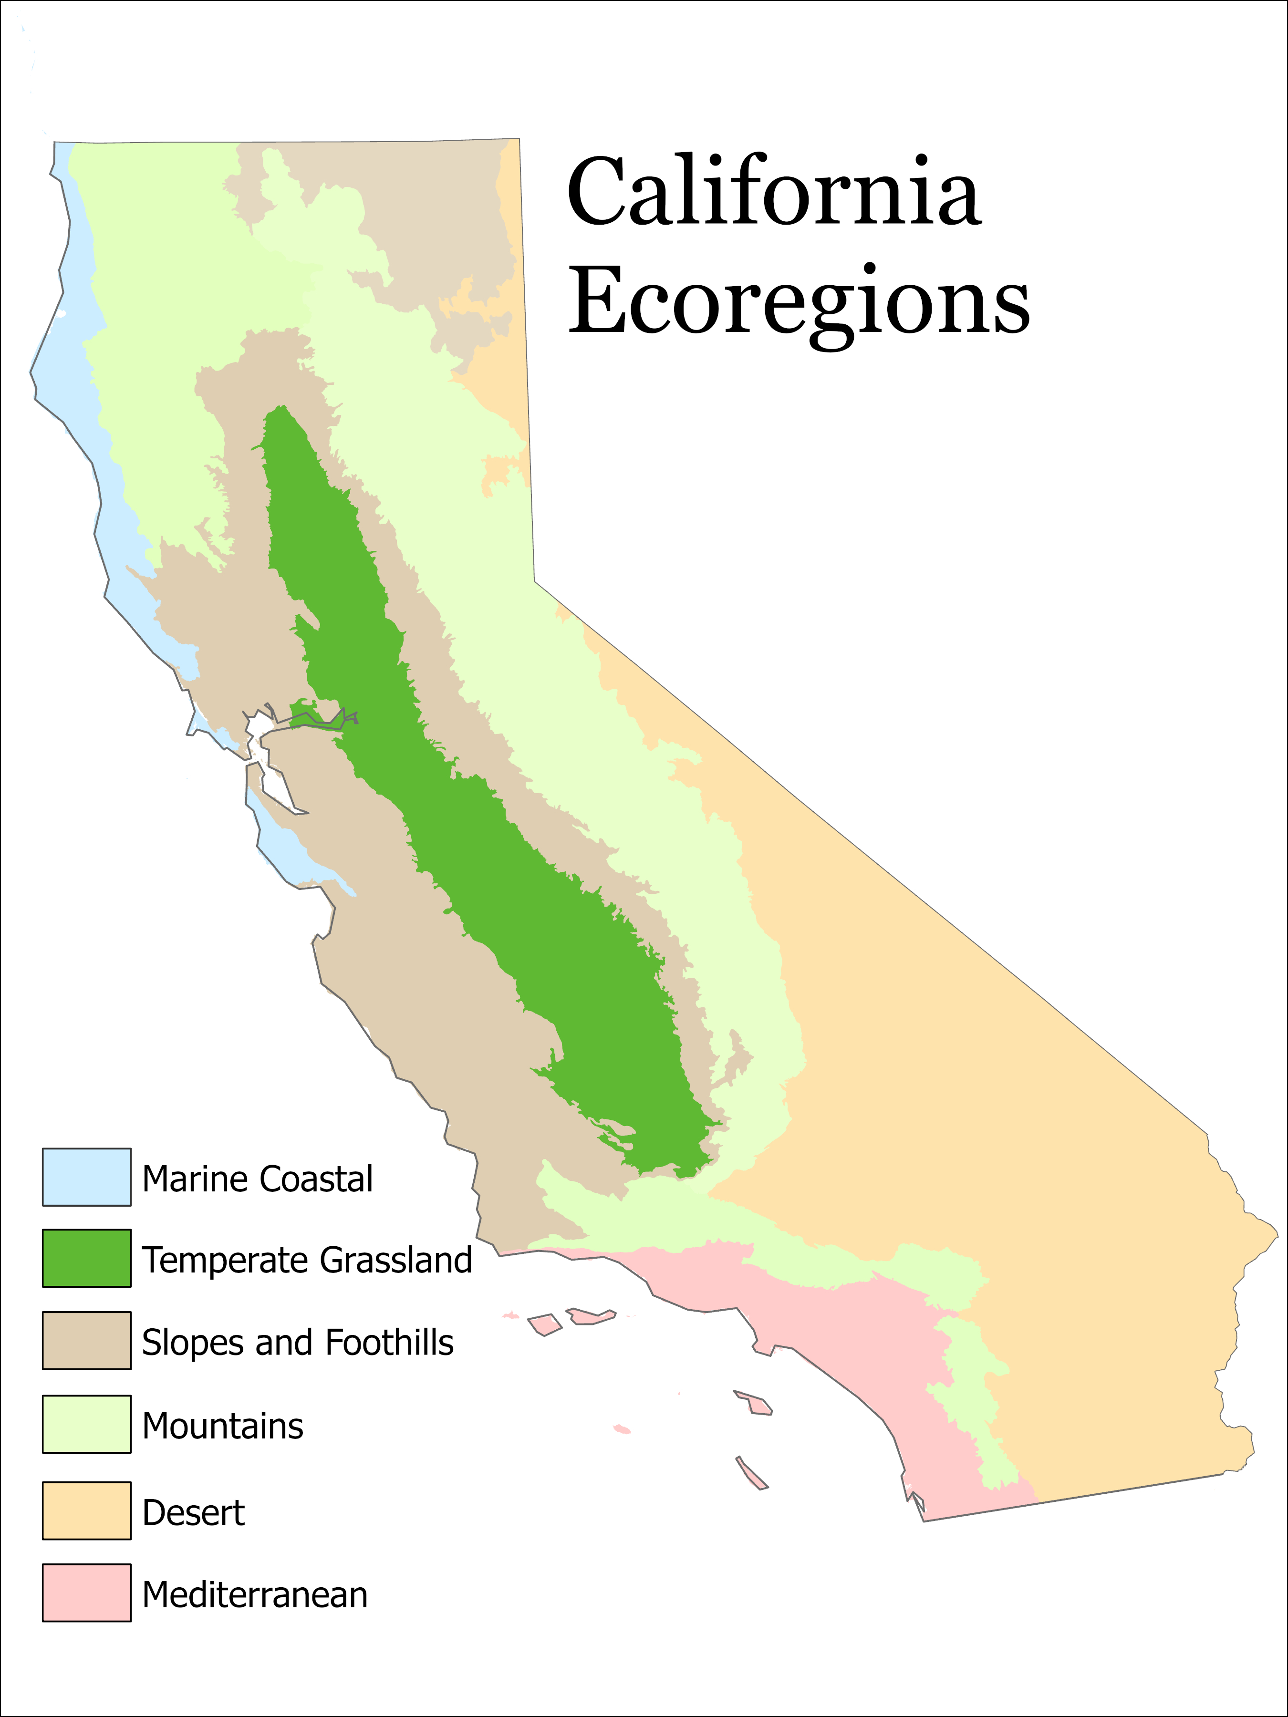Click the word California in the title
(774, 192)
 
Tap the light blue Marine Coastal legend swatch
(86, 1177)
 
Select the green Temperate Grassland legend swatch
(86, 1258)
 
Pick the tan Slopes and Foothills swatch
(86, 1341)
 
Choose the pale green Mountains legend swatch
(86, 1424)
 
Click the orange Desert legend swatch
(86, 1510)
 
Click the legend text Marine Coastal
(257, 1179)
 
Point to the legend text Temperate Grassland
(307, 1260)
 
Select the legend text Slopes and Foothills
(297, 1342)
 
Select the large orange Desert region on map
(970, 1086)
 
